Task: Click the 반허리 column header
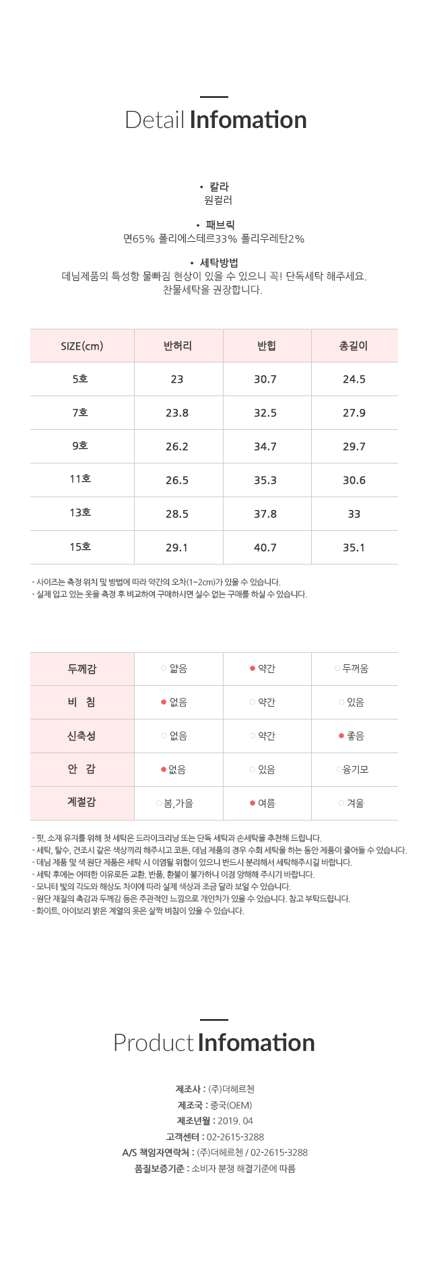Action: pyautogui.click(x=178, y=346)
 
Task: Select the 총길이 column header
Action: pyautogui.click(x=354, y=346)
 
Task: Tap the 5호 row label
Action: pyautogui.click(x=80, y=379)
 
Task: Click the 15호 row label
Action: pyautogui.click(x=80, y=547)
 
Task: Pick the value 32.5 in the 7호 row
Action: pyautogui.click(x=265, y=413)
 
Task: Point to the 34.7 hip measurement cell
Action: pyautogui.click(x=265, y=447)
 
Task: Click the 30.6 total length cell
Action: pyautogui.click(x=354, y=480)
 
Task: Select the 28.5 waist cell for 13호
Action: pyautogui.click(x=177, y=514)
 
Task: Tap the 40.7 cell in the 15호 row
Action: pyautogui.click(x=265, y=548)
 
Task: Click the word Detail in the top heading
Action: pyautogui.click(x=155, y=120)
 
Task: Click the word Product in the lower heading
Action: pyautogui.click(x=154, y=1043)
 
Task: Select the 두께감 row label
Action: pyautogui.click(x=82, y=669)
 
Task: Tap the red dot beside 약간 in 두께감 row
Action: pyautogui.click(x=253, y=669)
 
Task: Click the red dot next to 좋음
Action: pyautogui.click(x=341, y=736)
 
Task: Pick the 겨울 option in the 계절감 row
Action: pyautogui.click(x=355, y=803)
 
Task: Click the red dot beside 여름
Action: pyautogui.click(x=253, y=803)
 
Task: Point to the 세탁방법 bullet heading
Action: pyautogui.click(x=219, y=263)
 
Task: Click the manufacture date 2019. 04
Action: pyautogui.click(x=235, y=1121)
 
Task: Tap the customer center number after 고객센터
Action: pyautogui.click(x=235, y=1137)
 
